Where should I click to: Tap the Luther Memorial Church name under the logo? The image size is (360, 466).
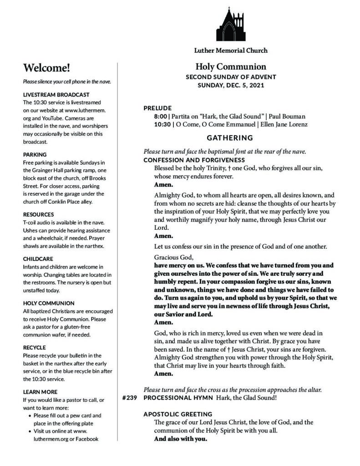click(x=231, y=51)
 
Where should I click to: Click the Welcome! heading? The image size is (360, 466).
click(x=46, y=68)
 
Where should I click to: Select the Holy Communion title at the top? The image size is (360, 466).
click(x=231, y=67)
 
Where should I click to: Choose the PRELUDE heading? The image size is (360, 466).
click(x=158, y=108)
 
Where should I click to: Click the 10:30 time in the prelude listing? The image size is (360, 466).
click(x=162, y=124)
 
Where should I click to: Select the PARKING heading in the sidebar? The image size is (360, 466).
click(x=35, y=155)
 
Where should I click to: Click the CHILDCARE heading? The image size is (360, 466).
click(x=38, y=258)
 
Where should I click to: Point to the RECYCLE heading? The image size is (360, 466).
click(x=34, y=347)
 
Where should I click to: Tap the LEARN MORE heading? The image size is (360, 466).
click(x=40, y=392)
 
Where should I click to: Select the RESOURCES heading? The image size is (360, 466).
click(x=38, y=214)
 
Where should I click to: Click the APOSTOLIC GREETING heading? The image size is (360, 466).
click(x=178, y=414)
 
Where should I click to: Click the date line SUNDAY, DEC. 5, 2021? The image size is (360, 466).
click(x=231, y=85)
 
